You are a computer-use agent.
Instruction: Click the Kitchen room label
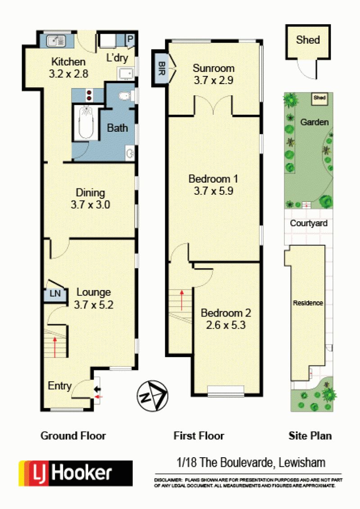tap(68, 61)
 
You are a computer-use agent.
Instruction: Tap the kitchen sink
tap(56, 41)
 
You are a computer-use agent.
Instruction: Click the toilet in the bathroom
tap(126, 96)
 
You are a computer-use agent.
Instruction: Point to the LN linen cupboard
tap(55, 294)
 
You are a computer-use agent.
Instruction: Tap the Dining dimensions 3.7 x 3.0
tap(90, 205)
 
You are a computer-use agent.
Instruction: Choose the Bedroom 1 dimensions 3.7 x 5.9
tap(213, 191)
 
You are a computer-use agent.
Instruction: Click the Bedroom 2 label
tap(226, 313)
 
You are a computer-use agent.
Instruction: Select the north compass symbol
tap(153, 396)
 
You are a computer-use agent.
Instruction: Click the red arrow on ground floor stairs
tap(55, 347)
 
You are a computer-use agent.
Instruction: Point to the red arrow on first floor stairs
tap(182, 300)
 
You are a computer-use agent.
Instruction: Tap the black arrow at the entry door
tap(97, 389)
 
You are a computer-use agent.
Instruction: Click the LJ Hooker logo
tap(76, 473)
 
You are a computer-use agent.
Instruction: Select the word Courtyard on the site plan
tap(309, 223)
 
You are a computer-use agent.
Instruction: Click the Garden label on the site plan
tap(314, 122)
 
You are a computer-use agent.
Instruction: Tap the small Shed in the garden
tap(319, 98)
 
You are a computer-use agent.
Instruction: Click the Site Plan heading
tap(310, 436)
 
